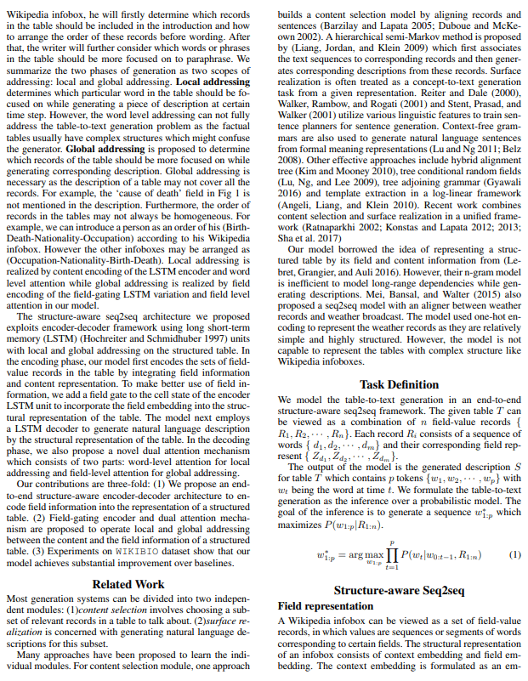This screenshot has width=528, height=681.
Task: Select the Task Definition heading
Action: pyautogui.click(x=400, y=384)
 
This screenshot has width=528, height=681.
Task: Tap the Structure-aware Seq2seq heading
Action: pyautogui.click(x=400, y=589)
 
